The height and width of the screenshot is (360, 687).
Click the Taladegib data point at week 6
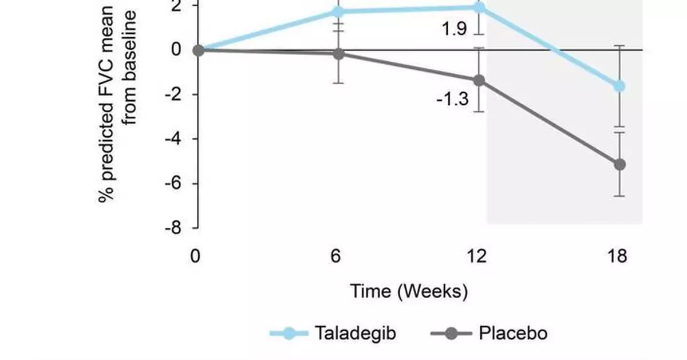tap(338, 11)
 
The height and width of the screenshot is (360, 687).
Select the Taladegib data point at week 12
tap(479, 7)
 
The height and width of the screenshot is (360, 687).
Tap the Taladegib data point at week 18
tap(619, 86)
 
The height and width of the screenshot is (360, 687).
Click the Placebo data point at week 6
tap(338, 54)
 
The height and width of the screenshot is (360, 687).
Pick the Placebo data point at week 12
tap(479, 81)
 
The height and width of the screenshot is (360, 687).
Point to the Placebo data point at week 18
tap(619, 165)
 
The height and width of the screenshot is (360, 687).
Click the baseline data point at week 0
tap(198, 50)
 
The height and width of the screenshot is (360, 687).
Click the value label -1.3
tap(452, 100)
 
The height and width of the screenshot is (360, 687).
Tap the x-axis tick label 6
tap(336, 256)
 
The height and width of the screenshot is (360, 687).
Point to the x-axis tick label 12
tap(475, 256)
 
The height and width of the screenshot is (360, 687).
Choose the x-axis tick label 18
tap(616, 256)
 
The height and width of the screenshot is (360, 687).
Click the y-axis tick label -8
tap(172, 228)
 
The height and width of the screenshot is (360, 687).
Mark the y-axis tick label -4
tap(172, 139)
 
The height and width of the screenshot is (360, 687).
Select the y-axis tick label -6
tap(172, 184)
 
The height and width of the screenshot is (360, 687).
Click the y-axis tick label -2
tap(172, 94)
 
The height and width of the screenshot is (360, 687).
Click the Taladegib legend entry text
tap(354, 333)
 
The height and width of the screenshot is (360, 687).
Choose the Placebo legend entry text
tap(512, 333)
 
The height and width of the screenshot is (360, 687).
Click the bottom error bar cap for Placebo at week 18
tap(619, 196)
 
